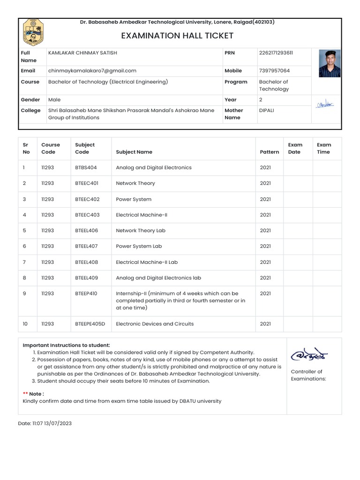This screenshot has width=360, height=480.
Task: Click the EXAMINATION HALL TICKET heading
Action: point(177,36)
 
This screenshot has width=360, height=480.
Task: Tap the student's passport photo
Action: point(330,63)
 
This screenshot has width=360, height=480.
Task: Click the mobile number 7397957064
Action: point(274,71)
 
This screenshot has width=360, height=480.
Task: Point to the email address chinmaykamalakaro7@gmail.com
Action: point(92,71)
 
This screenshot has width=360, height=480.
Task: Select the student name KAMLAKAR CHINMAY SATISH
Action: point(82,53)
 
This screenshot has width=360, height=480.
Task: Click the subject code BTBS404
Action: point(86,167)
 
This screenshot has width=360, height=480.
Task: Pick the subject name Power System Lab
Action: point(139,246)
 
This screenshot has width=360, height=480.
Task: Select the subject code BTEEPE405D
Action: point(90,324)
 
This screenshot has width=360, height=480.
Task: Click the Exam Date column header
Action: point(295,148)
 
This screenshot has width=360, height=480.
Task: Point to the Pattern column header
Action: point(269,152)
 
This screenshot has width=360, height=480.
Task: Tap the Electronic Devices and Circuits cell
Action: point(155,324)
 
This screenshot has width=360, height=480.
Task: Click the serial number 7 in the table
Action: point(24,262)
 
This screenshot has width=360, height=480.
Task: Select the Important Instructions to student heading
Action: point(66,345)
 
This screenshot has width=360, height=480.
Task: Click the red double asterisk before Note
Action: point(25,394)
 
